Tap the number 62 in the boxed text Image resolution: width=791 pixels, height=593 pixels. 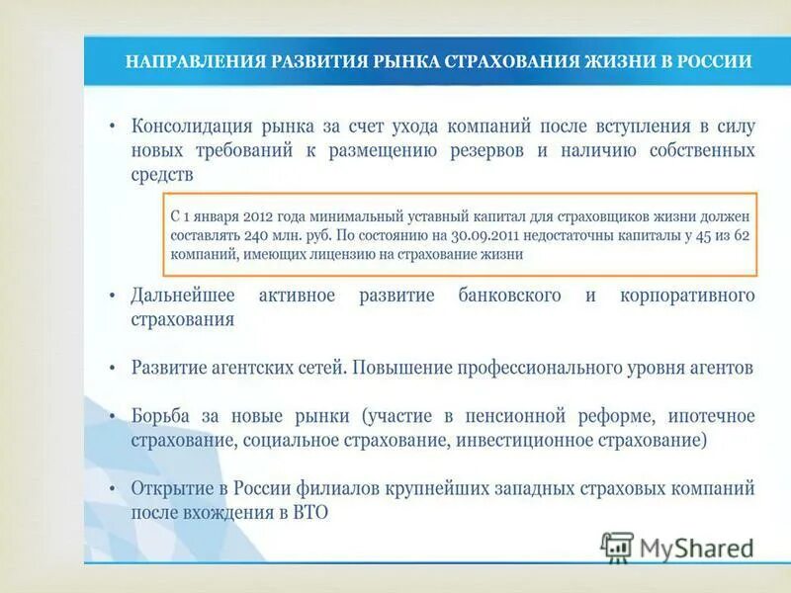(x=741, y=235)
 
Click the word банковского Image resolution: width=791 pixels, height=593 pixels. (x=510, y=296)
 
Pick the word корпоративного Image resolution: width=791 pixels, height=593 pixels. (x=687, y=296)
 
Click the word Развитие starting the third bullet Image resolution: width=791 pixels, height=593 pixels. (x=167, y=367)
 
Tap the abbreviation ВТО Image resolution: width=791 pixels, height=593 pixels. (x=308, y=512)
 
